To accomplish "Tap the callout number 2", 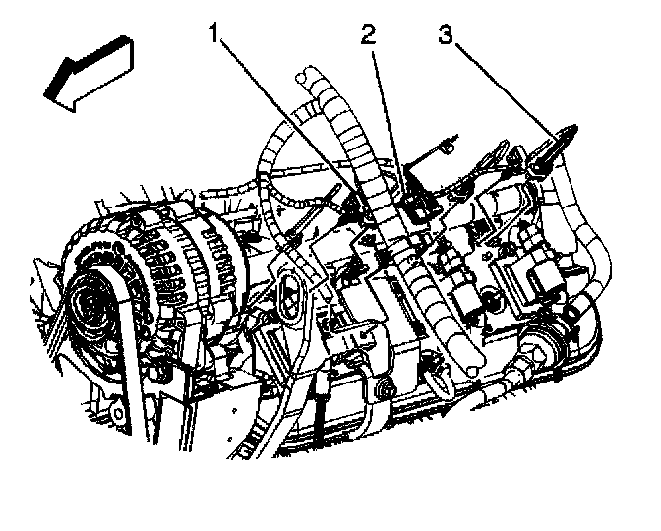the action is click(368, 36).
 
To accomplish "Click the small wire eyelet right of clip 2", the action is click(444, 148).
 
